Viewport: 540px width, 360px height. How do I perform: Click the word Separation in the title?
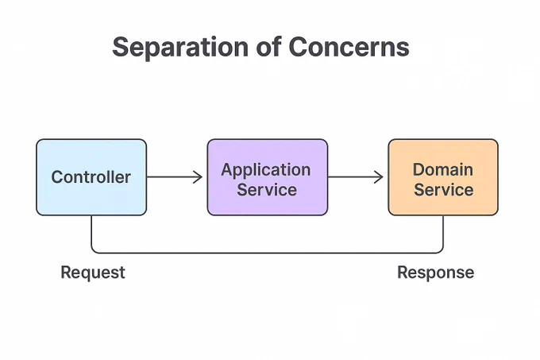180,48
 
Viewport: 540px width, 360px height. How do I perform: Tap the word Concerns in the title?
349,47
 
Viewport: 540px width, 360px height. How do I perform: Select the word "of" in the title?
268,47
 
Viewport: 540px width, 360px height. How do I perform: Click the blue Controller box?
91,177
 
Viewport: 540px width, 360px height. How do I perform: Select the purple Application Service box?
268,177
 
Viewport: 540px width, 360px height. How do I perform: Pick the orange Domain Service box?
443,177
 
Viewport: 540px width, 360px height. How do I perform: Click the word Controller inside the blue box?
91,177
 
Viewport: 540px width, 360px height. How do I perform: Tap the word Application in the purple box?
266,170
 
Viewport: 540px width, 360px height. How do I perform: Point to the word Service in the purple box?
267,190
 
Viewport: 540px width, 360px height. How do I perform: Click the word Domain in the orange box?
443,169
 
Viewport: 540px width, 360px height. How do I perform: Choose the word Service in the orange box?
444,190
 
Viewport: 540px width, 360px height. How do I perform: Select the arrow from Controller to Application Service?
175,177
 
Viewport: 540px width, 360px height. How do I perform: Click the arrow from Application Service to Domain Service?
356,177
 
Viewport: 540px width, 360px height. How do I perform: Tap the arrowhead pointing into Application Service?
199,177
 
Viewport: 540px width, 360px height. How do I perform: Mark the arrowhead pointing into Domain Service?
379,177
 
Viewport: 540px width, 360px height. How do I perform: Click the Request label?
93,273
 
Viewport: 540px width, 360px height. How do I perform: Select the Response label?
436,273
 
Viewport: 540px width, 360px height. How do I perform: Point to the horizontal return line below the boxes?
268,253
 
